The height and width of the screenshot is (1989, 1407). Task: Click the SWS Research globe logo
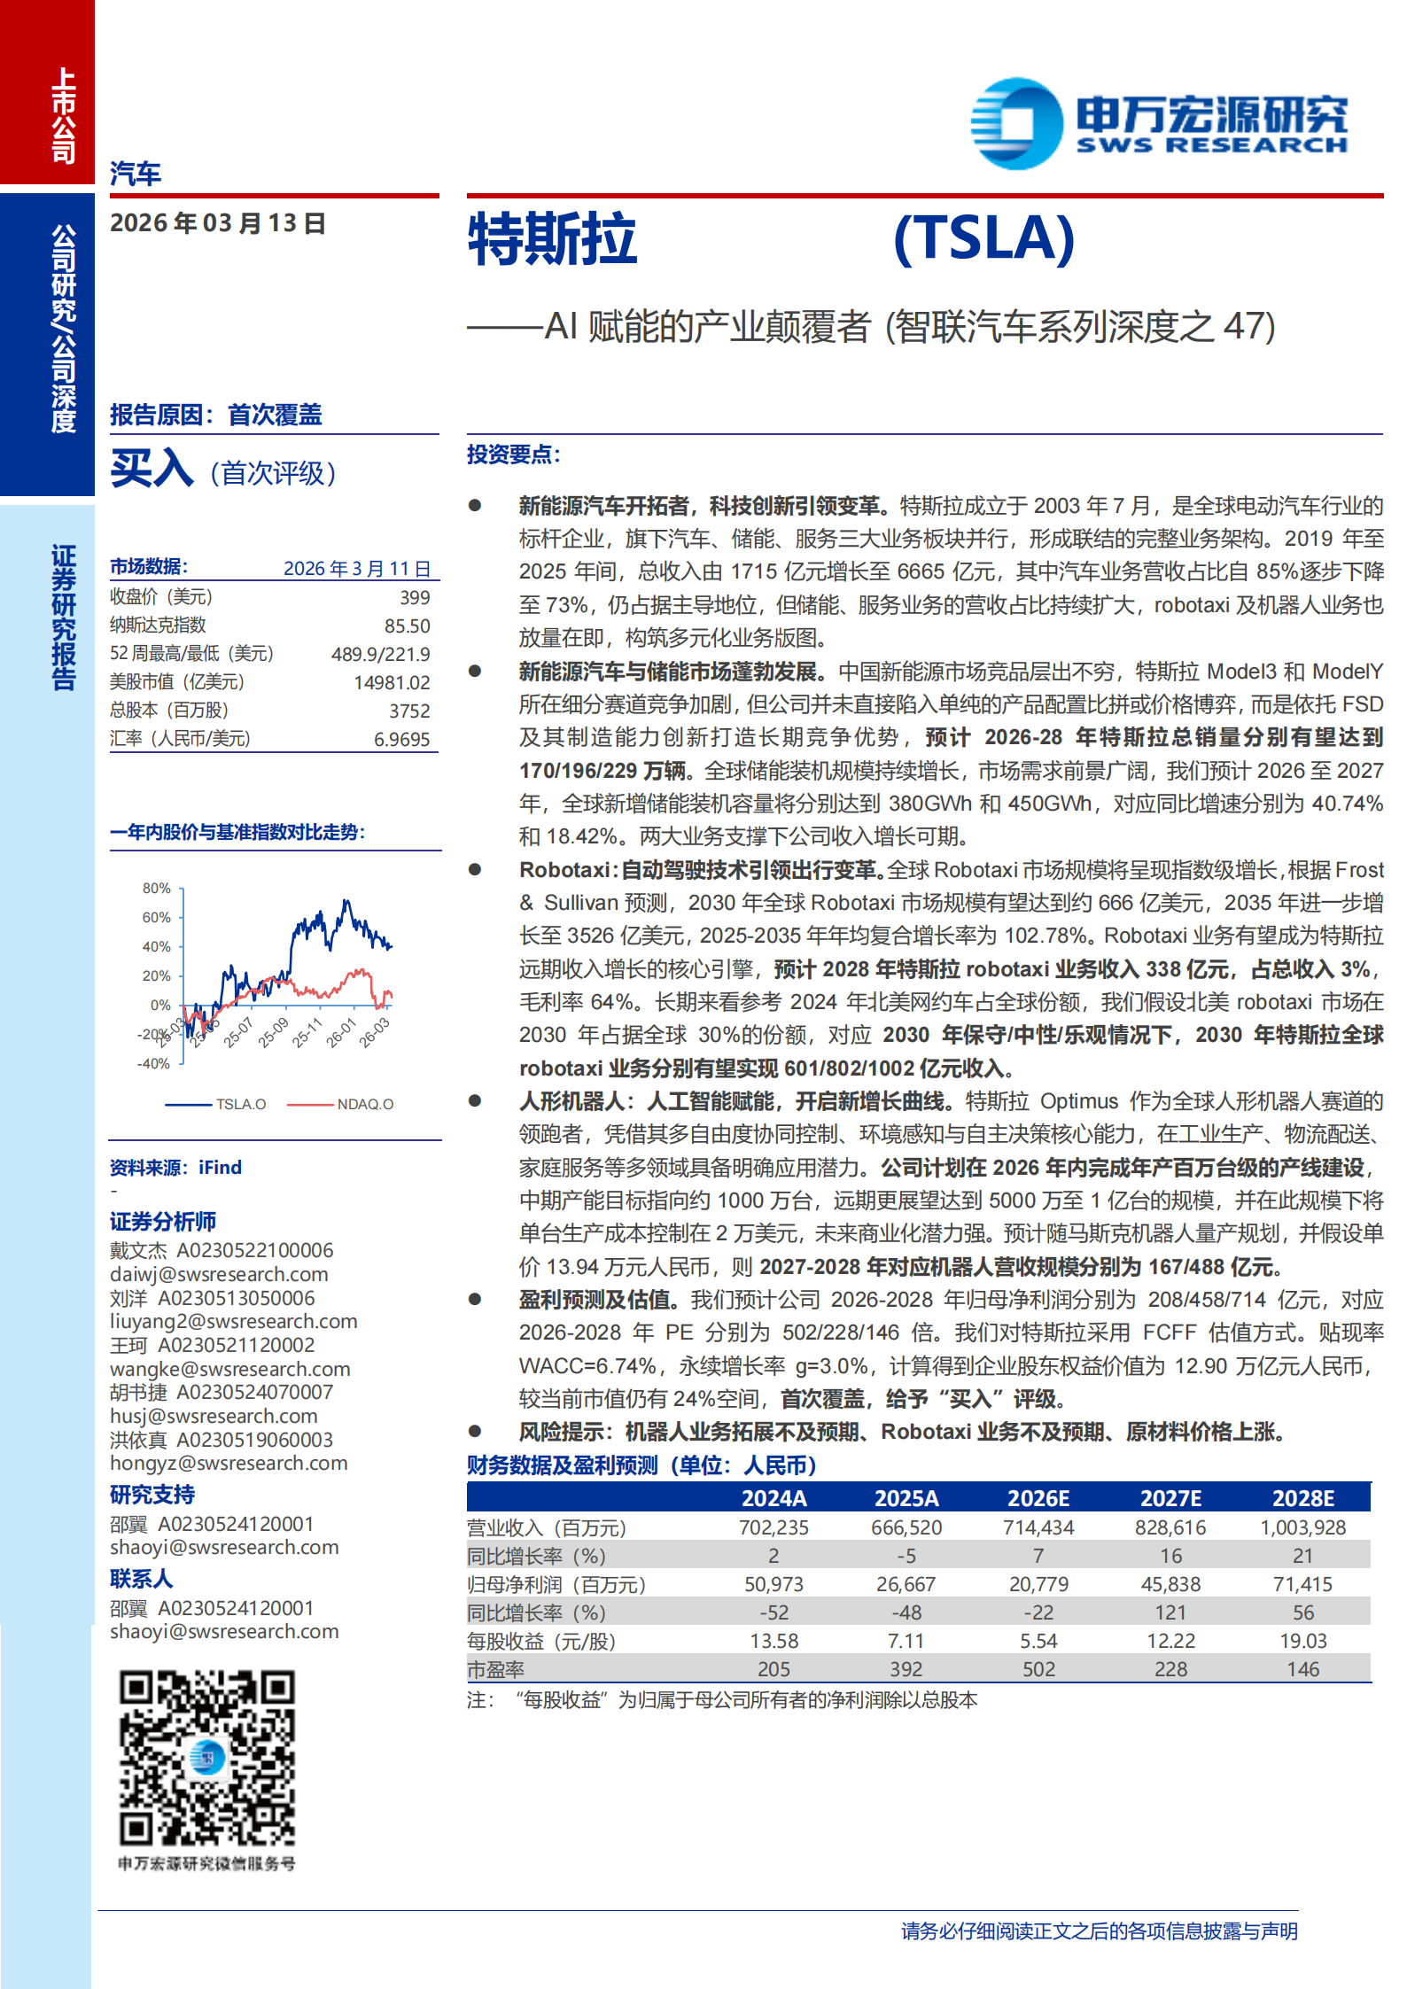pyautogui.click(x=1016, y=123)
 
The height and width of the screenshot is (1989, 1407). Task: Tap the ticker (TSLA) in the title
pyautogui.click(x=983, y=238)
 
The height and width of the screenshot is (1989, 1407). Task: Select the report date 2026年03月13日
pyautogui.click(x=218, y=223)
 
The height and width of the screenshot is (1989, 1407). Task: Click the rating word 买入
pyautogui.click(x=152, y=469)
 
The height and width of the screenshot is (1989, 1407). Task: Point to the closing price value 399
pyautogui.click(x=415, y=598)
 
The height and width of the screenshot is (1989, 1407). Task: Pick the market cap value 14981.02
pyautogui.click(x=392, y=683)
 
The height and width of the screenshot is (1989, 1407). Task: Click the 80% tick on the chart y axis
pyautogui.click(x=157, y=888)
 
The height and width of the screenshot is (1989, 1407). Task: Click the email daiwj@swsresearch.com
pyautogui.click(x=219, y=1274)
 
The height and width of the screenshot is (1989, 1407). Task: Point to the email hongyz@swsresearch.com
pyautogui.click(x=229, y=1463)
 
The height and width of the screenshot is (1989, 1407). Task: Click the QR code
pyautogui.click(x=207, y=1758)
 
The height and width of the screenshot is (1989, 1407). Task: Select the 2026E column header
pyautogui.click(x=1038, y=1498)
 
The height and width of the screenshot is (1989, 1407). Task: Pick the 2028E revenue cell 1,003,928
pyautogui.click(x=1302, y=1527)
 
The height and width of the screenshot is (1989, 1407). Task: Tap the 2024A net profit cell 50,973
pyautogui.click(x=773, y=1584)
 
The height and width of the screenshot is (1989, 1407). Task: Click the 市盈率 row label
pyautogui.click(x=495, y=1669)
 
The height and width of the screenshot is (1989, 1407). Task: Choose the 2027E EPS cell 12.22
pyautogui.click(x=1170, y=1641)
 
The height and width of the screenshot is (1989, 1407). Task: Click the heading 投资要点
pyautogui.click(x=513, y=455)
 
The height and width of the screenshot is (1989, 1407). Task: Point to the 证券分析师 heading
pyautogui.click(x=163, y=1222)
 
